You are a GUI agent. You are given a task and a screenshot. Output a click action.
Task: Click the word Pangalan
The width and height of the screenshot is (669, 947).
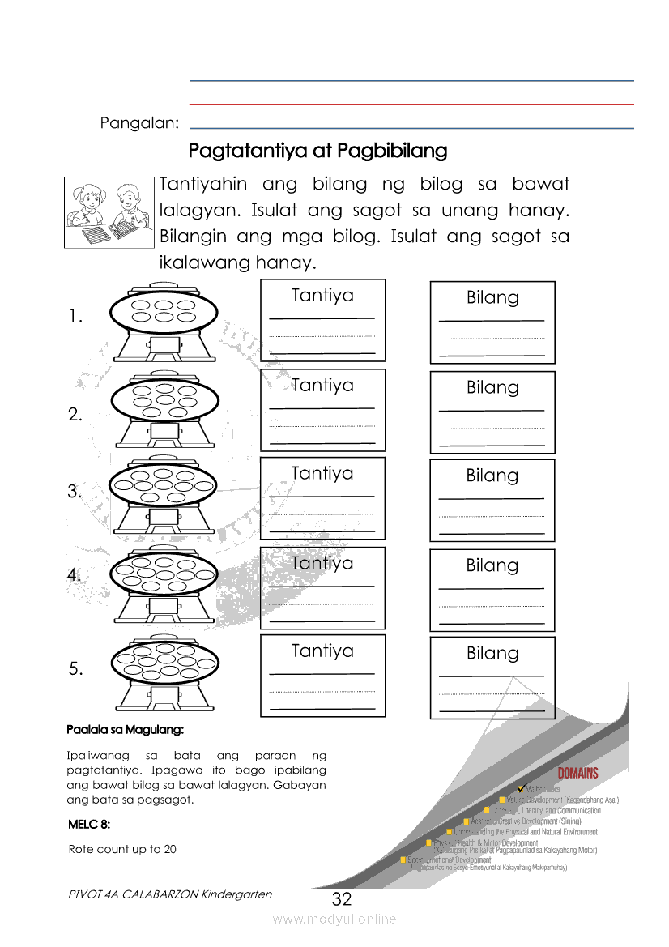pyautogui.click(x=139, y=123)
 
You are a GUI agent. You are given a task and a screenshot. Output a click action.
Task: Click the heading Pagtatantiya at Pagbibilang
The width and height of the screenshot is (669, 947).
pyautogui.click(x=317, y=151)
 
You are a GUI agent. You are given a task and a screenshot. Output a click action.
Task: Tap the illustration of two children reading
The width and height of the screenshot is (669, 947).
pyautogui.click(x=109, y=211)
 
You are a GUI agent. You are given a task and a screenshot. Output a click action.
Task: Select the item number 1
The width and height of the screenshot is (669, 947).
pyautogui.click(x=76, y=318)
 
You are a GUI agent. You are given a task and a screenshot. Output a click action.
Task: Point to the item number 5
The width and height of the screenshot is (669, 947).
pyautogui.click(x=76, y=669)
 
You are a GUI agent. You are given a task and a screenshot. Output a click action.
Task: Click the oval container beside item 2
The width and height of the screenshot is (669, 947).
pyautogui.click(x=164, y=399)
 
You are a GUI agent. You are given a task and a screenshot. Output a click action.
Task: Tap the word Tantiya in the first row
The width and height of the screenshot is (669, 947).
pyautogui.click(x=322, y=295)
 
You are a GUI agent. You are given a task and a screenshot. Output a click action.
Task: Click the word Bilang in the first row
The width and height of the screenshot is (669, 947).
pyautogui.click(x=492, y=297)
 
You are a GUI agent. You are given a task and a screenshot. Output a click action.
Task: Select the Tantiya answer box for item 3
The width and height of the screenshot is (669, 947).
pyautogui.click(x=322, y=498)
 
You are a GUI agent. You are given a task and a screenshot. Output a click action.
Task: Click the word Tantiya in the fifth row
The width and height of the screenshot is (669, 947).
pyautogui.click(x=322, y=651)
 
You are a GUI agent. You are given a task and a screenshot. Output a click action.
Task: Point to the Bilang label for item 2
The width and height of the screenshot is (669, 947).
pyautogui.click(x=492, y=387)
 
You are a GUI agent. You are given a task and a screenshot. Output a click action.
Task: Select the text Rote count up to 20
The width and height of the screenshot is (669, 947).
pyautogui.click(x=122, y=849)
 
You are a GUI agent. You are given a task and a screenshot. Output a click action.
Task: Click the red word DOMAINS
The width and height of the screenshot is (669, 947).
pyautogui.click(x=577, y=773)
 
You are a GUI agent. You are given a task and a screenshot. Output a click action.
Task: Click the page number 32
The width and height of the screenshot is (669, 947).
pyautogui.click(x=342, y=899)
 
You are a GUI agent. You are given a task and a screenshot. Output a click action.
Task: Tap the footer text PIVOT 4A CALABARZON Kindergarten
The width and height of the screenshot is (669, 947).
pyautogui.click(x=171, y=894)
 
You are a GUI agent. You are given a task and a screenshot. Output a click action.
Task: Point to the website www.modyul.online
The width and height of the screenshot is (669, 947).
pyautogui.click(x=334, y=919)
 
